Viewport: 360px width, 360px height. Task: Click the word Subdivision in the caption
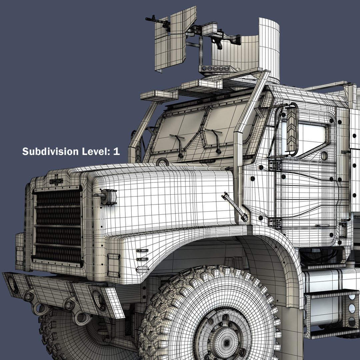[x=49, y=151]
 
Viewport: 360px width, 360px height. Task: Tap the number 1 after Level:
[x=116, y=151]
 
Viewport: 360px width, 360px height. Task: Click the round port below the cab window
[x=324, y=155]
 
